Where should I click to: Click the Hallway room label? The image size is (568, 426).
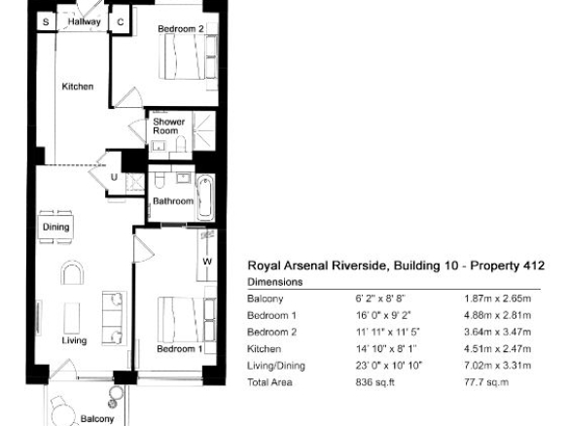(x=84, y=21)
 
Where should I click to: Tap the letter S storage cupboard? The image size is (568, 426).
(x=46, y=22)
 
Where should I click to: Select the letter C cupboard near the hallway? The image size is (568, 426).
(x=121, y=22)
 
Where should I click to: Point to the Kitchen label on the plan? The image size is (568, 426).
(x=78, y=87)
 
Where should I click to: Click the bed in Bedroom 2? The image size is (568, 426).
(x=182, y=57)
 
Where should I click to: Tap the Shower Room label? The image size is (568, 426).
(x=169, y=126)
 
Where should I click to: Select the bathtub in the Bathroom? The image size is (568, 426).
(x=204, y=197)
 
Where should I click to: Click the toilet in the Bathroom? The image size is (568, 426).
(x=160, y=180)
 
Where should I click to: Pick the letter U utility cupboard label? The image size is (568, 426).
(x=114, y=177)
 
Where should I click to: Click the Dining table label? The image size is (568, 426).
(x=55, y=228)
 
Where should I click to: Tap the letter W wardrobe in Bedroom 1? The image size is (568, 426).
(x=207, y=262)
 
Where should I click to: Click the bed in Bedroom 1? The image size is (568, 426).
(x=181, y=319)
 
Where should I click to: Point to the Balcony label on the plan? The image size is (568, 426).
(x=97, y=419)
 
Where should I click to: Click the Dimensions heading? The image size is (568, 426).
(x=275, y=282)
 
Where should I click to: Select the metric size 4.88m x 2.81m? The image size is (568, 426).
(x=498, y=315)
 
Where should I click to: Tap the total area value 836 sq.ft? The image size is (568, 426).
(x=374, y=382)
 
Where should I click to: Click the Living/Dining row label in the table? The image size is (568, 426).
(x=276, y=366)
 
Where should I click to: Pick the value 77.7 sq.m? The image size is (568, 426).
(x=486, y=382)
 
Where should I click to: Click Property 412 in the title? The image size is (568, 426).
(x=507, y=266)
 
